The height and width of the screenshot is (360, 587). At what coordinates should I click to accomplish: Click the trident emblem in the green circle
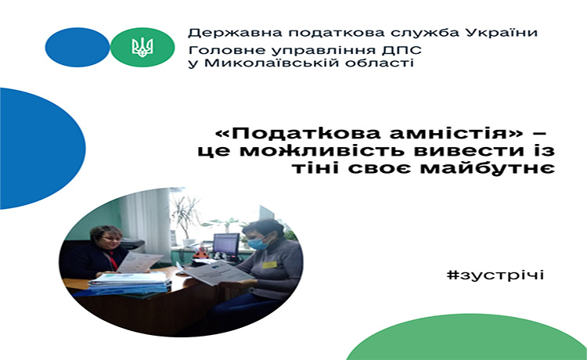[142, 48]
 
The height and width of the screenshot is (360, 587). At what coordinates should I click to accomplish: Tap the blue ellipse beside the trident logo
[77, 47]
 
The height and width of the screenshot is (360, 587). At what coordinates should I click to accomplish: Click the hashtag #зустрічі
[495, 275]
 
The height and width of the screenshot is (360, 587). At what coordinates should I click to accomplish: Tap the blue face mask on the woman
[257, 243]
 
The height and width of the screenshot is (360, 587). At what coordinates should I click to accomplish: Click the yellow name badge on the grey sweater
[269, 265]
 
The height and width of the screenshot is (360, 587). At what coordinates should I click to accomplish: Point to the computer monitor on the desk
[226, 245]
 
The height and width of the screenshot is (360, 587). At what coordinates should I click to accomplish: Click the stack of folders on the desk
[129, 283]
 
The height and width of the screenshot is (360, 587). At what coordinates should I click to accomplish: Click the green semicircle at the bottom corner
[466, 339]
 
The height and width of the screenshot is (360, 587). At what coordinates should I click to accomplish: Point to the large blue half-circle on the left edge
[41, 149]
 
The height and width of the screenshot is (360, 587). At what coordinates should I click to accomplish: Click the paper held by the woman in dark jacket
[139, 261]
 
